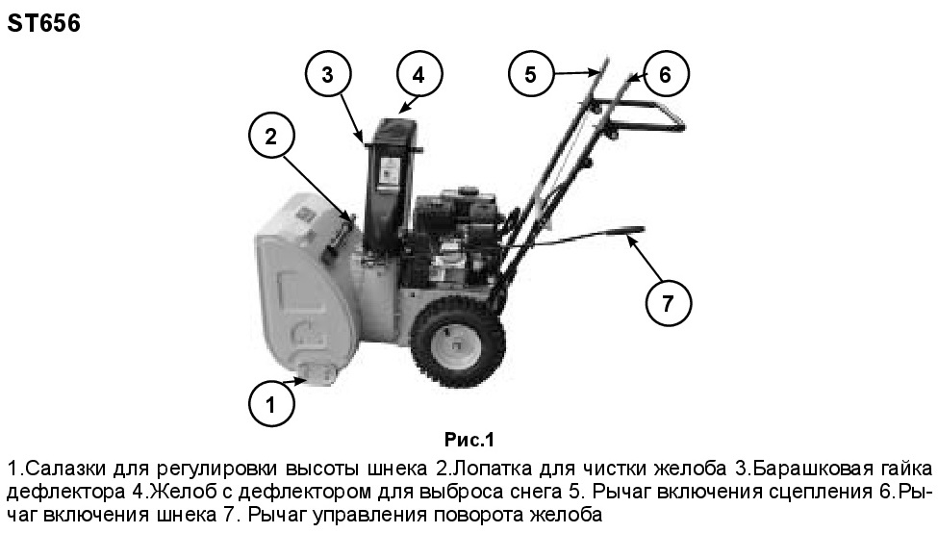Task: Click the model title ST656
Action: (43, 23)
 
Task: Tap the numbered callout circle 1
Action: (271, 405)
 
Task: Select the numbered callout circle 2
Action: (271, 136)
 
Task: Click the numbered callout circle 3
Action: (327, 75)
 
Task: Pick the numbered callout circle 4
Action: (418, 75)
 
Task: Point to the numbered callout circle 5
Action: (531, 74)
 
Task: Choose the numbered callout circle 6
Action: (665, 74)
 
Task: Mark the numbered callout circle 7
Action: (669, 303)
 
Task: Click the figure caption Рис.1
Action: (469, 441)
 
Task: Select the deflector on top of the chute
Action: (395, 128)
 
